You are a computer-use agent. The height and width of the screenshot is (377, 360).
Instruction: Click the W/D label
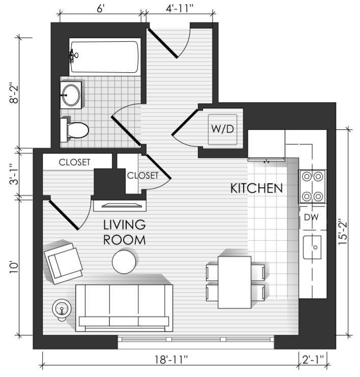[222, 129]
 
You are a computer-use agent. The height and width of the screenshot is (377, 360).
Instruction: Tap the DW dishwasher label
[311, 217]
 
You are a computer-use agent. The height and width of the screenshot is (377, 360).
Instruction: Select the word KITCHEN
[256, 188]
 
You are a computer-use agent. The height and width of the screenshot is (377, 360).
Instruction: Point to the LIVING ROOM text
[124, 233]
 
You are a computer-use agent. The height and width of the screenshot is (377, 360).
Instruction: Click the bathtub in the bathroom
[105, 57]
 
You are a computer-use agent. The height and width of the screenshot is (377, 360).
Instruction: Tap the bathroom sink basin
[71, 95]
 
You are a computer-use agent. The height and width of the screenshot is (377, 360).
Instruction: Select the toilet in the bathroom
[74, 130]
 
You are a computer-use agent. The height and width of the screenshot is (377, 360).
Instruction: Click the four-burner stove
[312, 186]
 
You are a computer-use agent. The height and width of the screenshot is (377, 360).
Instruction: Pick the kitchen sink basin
[312, 247]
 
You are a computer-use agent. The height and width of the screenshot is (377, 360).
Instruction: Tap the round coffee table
[124, 262]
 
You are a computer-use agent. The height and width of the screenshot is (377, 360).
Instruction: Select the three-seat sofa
[124, 308]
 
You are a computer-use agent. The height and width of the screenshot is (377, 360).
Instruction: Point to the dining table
[234, 282]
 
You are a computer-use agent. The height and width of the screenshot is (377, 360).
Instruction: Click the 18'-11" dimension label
[171, 360]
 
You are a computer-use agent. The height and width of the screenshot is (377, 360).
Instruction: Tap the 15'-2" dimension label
[343, 231]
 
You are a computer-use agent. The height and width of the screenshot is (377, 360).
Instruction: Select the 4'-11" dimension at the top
[179, 9]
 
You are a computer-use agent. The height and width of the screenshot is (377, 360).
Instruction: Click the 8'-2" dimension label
[14, 93]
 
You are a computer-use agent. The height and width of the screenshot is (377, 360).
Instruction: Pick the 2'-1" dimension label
[313, 360]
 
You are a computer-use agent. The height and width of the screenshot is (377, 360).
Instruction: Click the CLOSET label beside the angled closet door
[142, 176]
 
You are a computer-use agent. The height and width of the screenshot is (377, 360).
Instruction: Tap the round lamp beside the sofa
[62, 309]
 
